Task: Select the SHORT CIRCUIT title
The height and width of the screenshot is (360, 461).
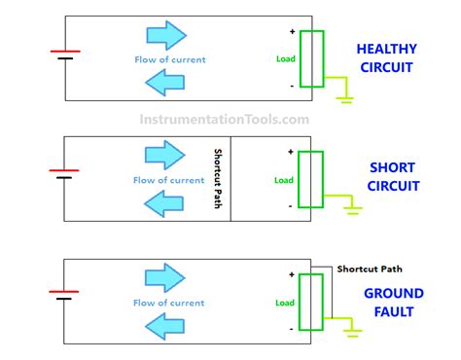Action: pos(392,176)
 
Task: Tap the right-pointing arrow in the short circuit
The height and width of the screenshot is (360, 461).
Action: pos(162,155)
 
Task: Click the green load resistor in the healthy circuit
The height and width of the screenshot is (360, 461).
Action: pos(311,58)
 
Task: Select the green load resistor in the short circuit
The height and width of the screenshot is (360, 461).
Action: pos(310,179)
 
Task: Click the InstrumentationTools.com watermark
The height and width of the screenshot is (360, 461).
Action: pos(230,120)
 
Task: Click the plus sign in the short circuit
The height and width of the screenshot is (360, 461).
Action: pos(290,152)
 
